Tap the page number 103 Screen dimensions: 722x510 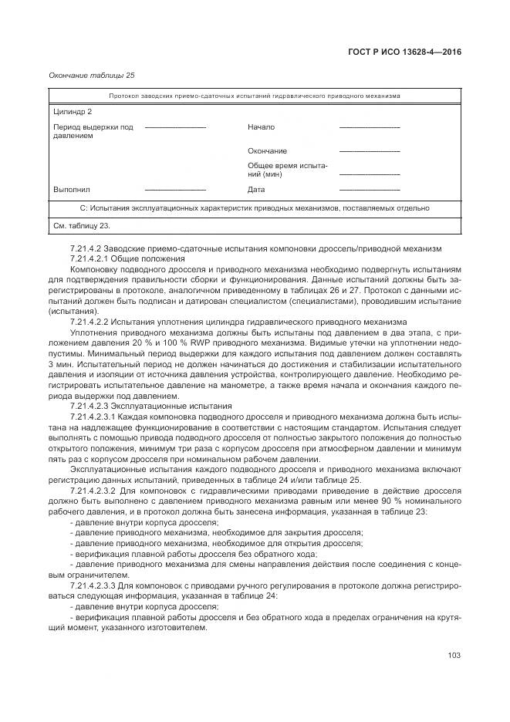454,656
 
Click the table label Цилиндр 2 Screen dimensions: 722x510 73,112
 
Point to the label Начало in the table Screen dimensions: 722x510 261,127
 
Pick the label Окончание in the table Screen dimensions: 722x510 267,151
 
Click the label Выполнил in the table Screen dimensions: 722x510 72,190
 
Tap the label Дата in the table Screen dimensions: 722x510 256,190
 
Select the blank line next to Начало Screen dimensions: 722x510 369,127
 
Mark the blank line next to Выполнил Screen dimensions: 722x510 175,190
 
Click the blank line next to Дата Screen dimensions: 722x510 369,190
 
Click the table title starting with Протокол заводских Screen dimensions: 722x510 254,96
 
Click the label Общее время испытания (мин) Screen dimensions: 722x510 288,170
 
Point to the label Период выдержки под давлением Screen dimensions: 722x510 93,131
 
